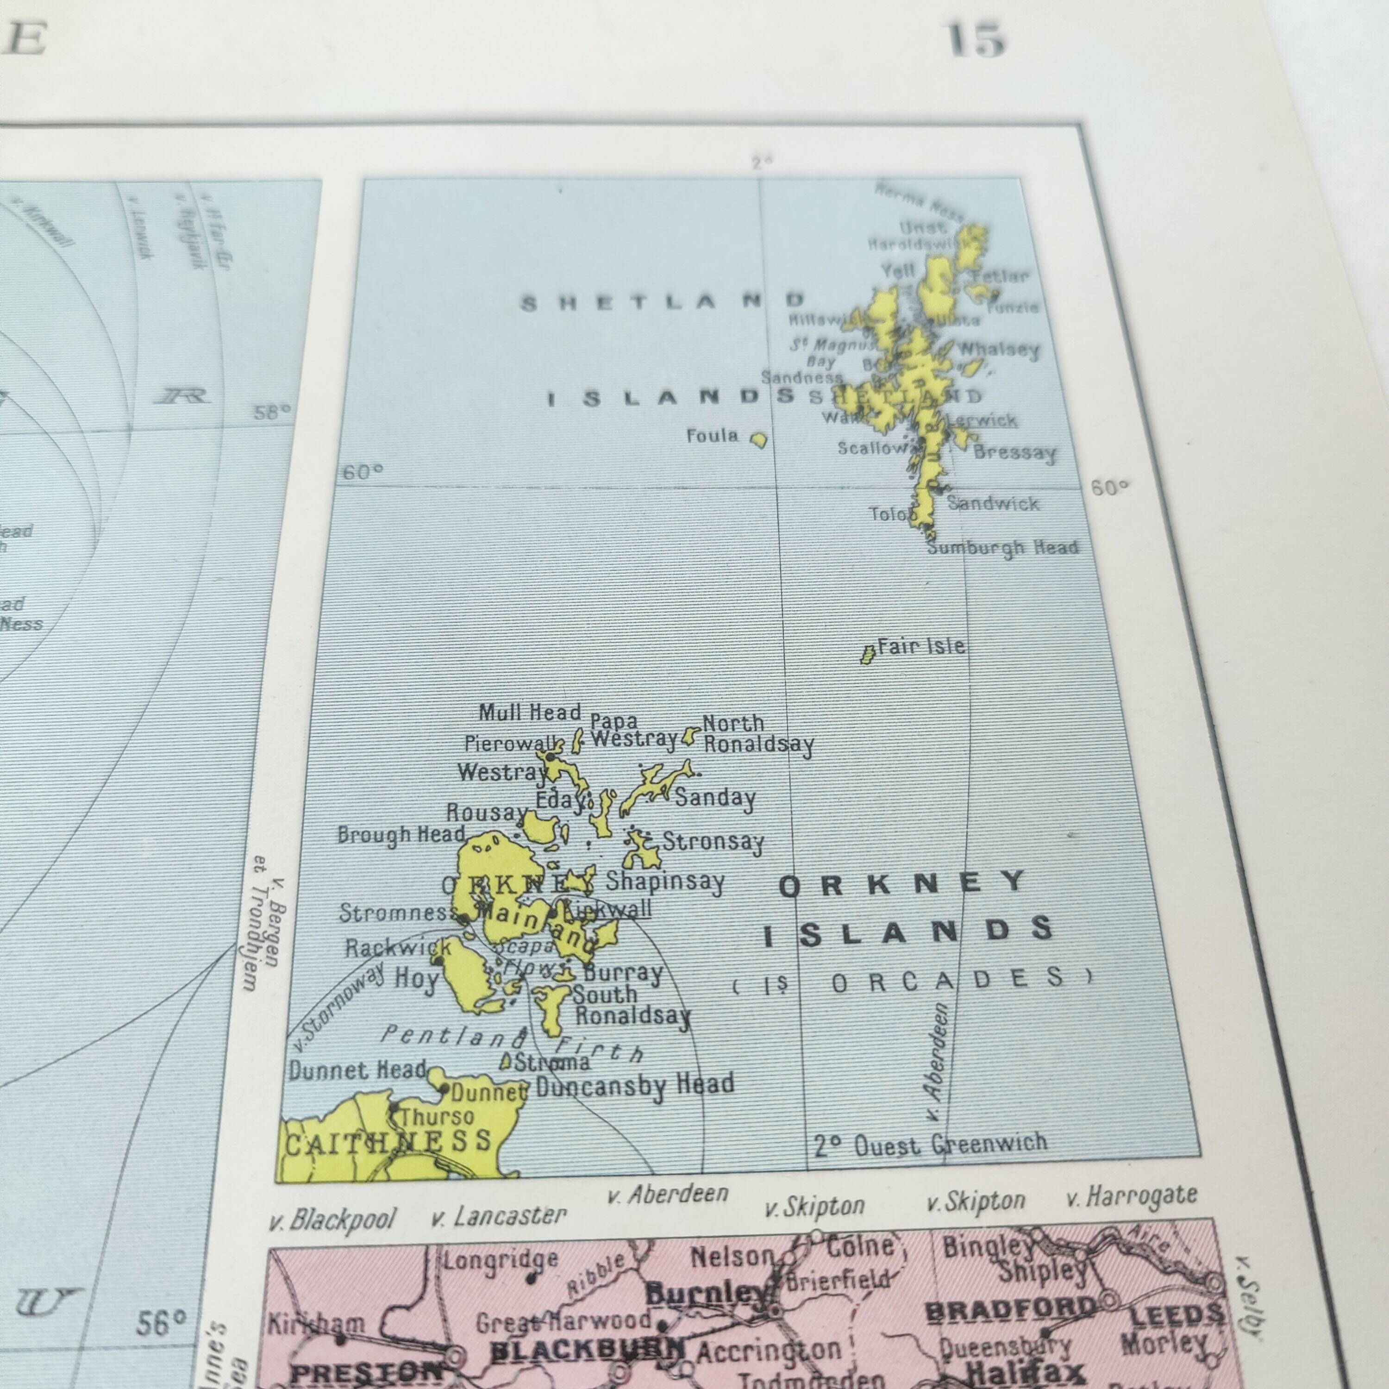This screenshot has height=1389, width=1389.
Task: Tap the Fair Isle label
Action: point(921,646)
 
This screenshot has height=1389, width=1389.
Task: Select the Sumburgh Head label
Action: point(1003,548)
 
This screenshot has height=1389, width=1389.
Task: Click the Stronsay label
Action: point(713,842)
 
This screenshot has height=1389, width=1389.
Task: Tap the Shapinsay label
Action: point(665,882)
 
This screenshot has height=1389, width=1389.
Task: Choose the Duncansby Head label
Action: point(635,1085)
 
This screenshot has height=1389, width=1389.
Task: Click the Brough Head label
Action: point(401,835)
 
